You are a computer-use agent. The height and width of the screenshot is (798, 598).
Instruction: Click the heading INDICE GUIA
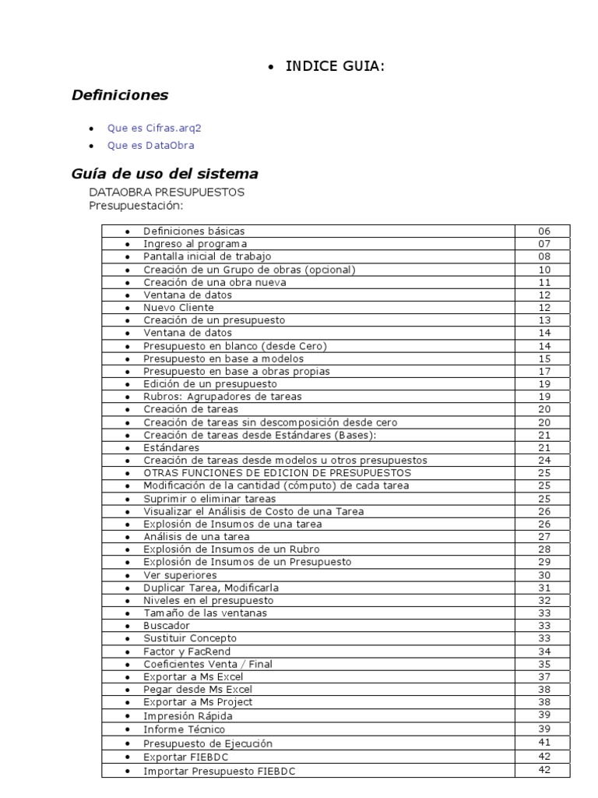pos(335,67)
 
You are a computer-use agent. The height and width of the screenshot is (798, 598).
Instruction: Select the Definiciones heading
pos(119,95)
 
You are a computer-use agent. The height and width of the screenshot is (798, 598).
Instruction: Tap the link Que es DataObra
pos(151,145)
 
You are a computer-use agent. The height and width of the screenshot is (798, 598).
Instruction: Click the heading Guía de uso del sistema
pos(165,173)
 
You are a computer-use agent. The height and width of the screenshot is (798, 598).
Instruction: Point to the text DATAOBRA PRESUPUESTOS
pos(167,192)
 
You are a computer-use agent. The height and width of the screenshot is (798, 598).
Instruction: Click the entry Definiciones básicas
pos(194,231)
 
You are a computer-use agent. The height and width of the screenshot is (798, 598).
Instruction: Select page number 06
pos(543,231)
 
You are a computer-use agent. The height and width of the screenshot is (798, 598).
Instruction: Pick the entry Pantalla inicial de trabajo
pos(207,256)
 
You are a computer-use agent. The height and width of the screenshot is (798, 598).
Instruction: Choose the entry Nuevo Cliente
pos(178,307)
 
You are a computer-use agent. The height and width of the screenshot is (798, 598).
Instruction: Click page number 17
pos(543,371)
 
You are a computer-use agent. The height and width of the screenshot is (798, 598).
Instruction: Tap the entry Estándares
pos(171,447)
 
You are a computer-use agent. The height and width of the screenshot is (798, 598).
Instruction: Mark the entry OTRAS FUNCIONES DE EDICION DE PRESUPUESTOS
pos(277,473)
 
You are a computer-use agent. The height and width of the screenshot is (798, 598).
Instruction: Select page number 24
pos(543,460)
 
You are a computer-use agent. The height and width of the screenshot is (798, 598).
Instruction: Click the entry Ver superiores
pos(180,575)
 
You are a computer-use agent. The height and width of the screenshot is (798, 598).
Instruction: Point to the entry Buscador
pos(167,626)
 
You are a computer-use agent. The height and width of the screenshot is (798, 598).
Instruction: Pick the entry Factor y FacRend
pos(187,651)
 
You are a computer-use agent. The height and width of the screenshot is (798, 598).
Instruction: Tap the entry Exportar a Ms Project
pos(198,702)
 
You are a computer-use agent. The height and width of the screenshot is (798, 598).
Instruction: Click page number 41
pos(543,743)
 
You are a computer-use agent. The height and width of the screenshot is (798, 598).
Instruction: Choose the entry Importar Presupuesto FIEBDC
pos(220,771)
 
